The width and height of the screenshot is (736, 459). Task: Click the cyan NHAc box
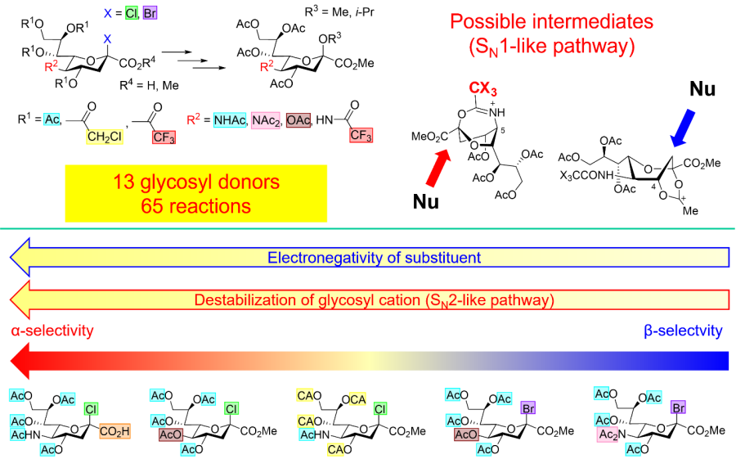coord(229,120)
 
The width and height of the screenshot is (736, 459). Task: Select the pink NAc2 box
coord(266,121)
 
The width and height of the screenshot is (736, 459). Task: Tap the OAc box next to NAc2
coord(298,120)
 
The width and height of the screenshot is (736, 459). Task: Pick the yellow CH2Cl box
coord(105,137)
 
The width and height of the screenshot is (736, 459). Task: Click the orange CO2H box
coord(114,431)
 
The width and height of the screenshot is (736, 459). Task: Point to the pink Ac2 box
coord(608,434)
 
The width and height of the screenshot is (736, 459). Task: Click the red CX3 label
coord(482,88)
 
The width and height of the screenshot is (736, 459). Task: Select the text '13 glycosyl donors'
coord(196,182)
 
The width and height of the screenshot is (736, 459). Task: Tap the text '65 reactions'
coord(196,205)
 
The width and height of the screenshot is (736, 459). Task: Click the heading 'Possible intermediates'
coord(552,21)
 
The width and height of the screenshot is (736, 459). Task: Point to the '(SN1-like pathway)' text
coord(552,47)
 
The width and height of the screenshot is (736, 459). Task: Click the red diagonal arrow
coord(438,168)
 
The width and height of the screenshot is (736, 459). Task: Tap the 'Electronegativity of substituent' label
coord(374,258)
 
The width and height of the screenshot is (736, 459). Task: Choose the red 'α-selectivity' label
coord(52,331)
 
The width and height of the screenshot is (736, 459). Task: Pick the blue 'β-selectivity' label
coord(683,331)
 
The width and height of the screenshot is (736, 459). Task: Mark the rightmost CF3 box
coord(361,135)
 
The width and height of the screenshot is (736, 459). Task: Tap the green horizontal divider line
coord(368,229)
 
